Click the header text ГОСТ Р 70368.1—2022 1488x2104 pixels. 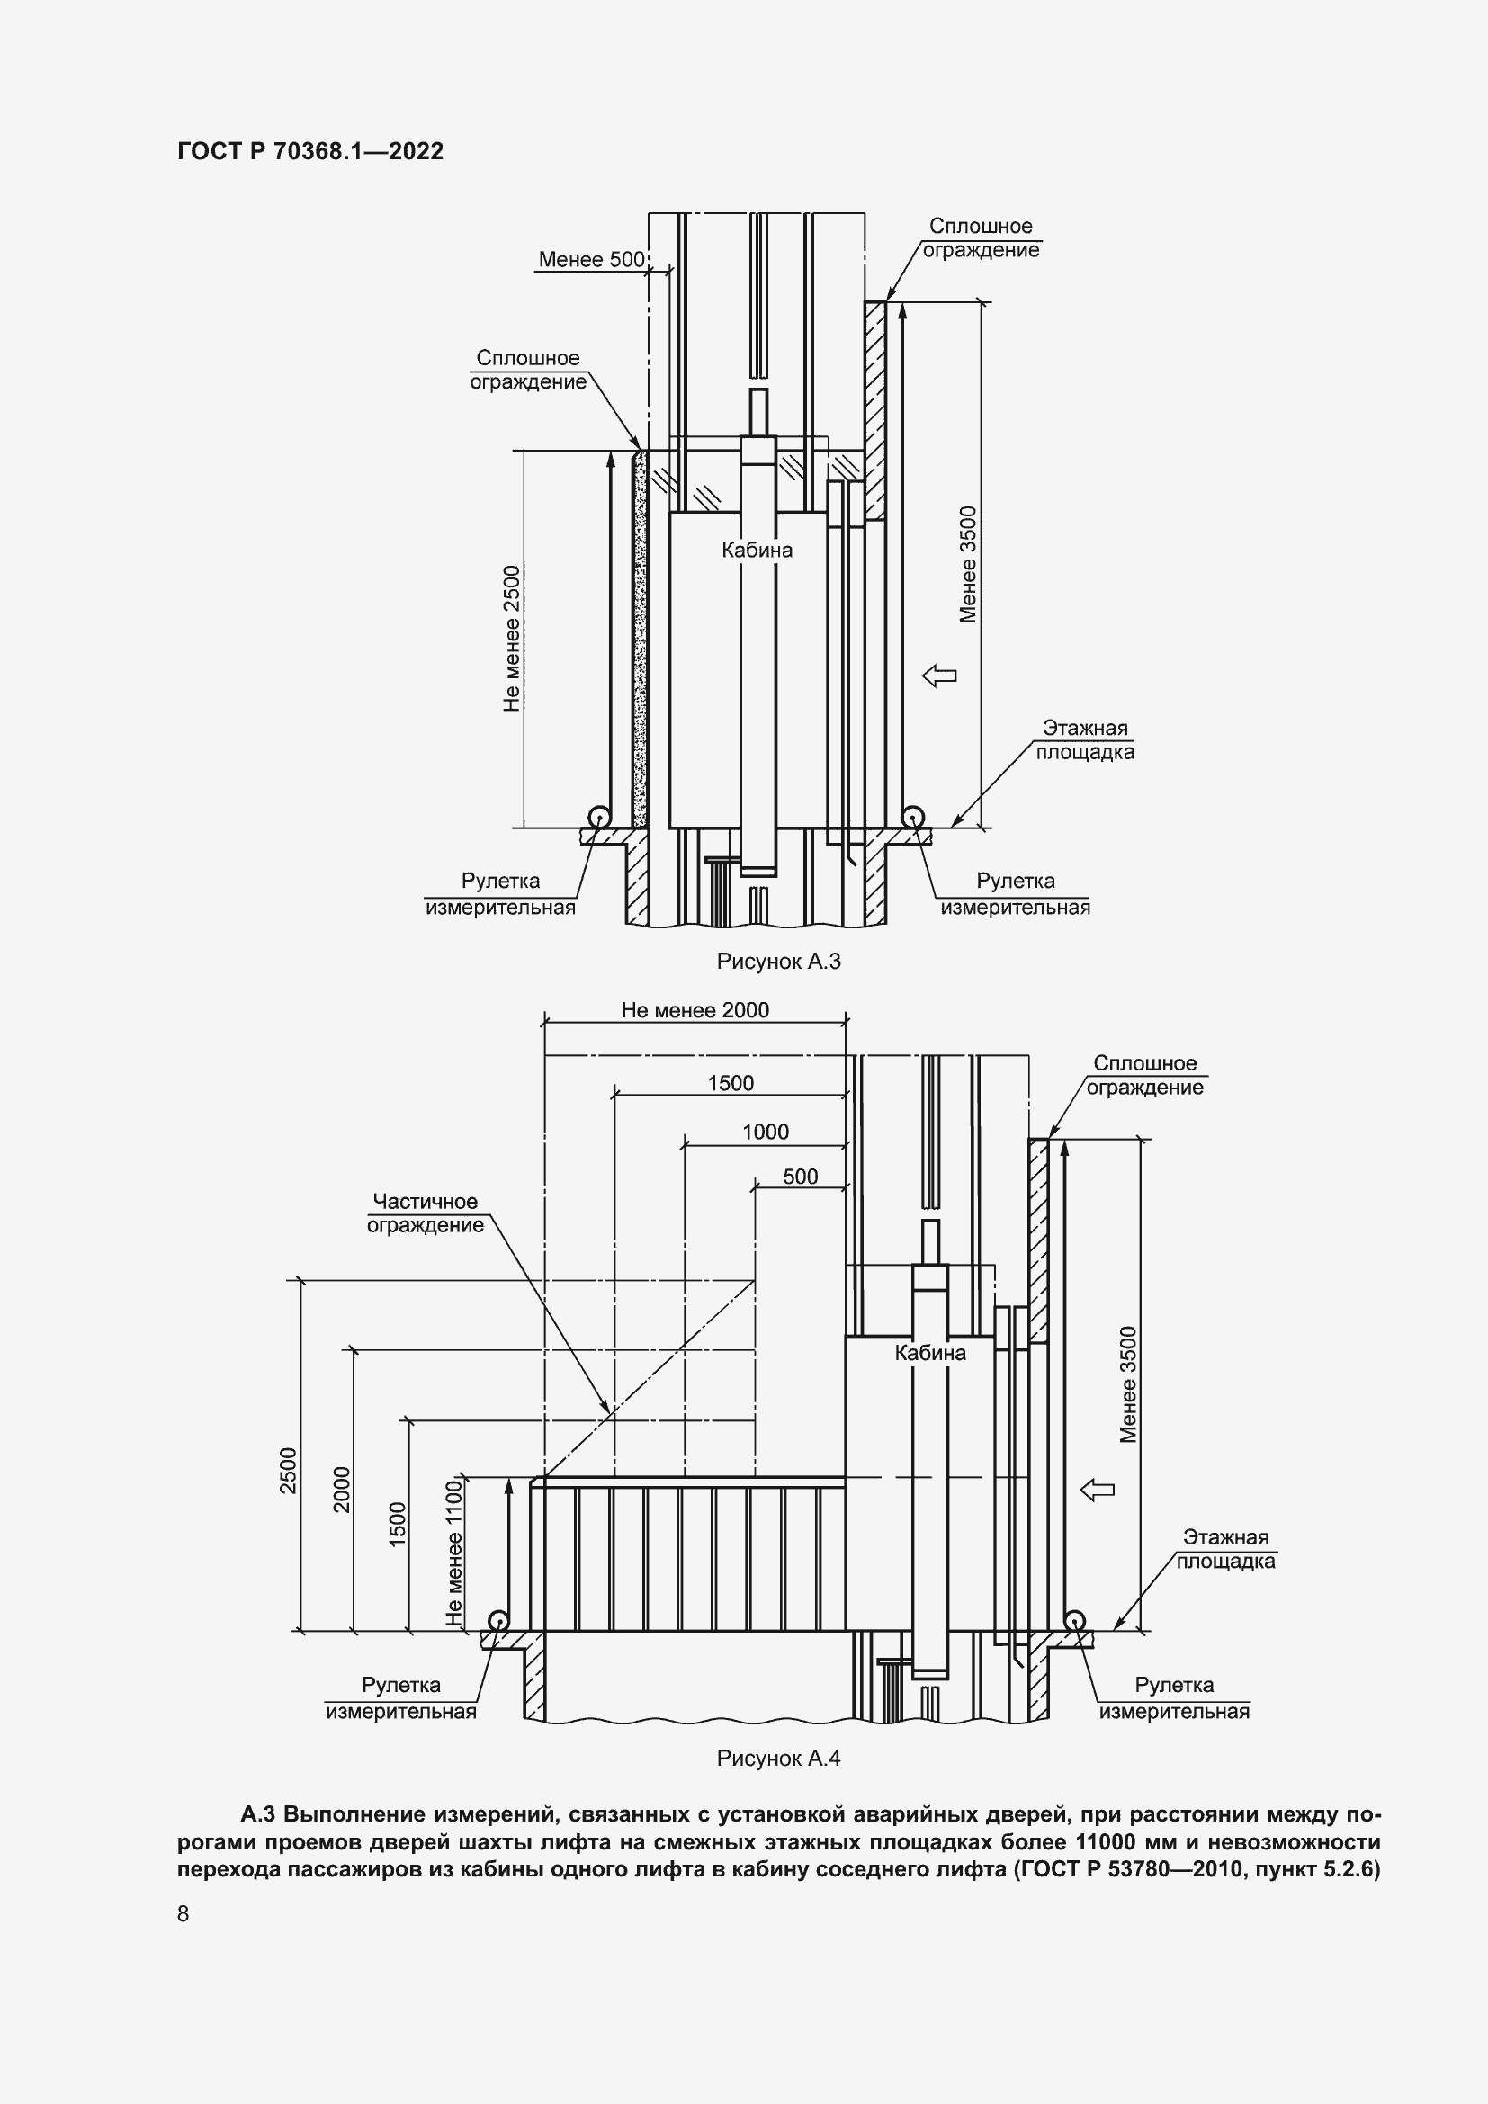[x=310, y=151]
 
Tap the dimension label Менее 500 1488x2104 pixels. [x=591, y=259]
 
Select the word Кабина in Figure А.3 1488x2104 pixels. [x=757, y=550]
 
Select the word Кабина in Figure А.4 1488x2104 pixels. [x=930, y=1354]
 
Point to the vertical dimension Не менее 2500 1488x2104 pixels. [x=511, y=639]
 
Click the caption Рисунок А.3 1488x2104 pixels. [x=779, y=962]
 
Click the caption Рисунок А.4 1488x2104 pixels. [x=779, y=1759]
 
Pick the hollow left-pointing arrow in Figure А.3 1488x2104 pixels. [x=939, y=676]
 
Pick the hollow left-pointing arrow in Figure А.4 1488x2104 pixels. [x=1098, y=1490]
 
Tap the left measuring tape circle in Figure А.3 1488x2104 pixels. [x=599, y=817]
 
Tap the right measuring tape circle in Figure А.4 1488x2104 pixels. [x=1074, y=1621]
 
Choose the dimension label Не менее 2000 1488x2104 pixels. [x=695, y=1010]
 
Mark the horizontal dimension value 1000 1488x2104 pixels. [x=765, y=1132]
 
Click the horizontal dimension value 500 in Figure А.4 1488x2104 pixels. [x=800, y=1177]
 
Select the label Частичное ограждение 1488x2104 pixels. [x=426, y=1213]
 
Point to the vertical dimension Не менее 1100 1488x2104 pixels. [x=454, y=1554]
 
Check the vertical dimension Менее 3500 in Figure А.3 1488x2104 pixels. [x=969, y=565]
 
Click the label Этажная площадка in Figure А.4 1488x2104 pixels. [x=1226, y=1549]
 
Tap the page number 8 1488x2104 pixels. [x=184, y=1913]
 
